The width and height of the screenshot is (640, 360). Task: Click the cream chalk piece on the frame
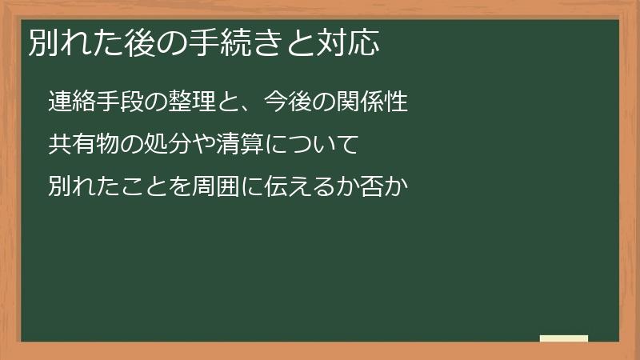point(564,338)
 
